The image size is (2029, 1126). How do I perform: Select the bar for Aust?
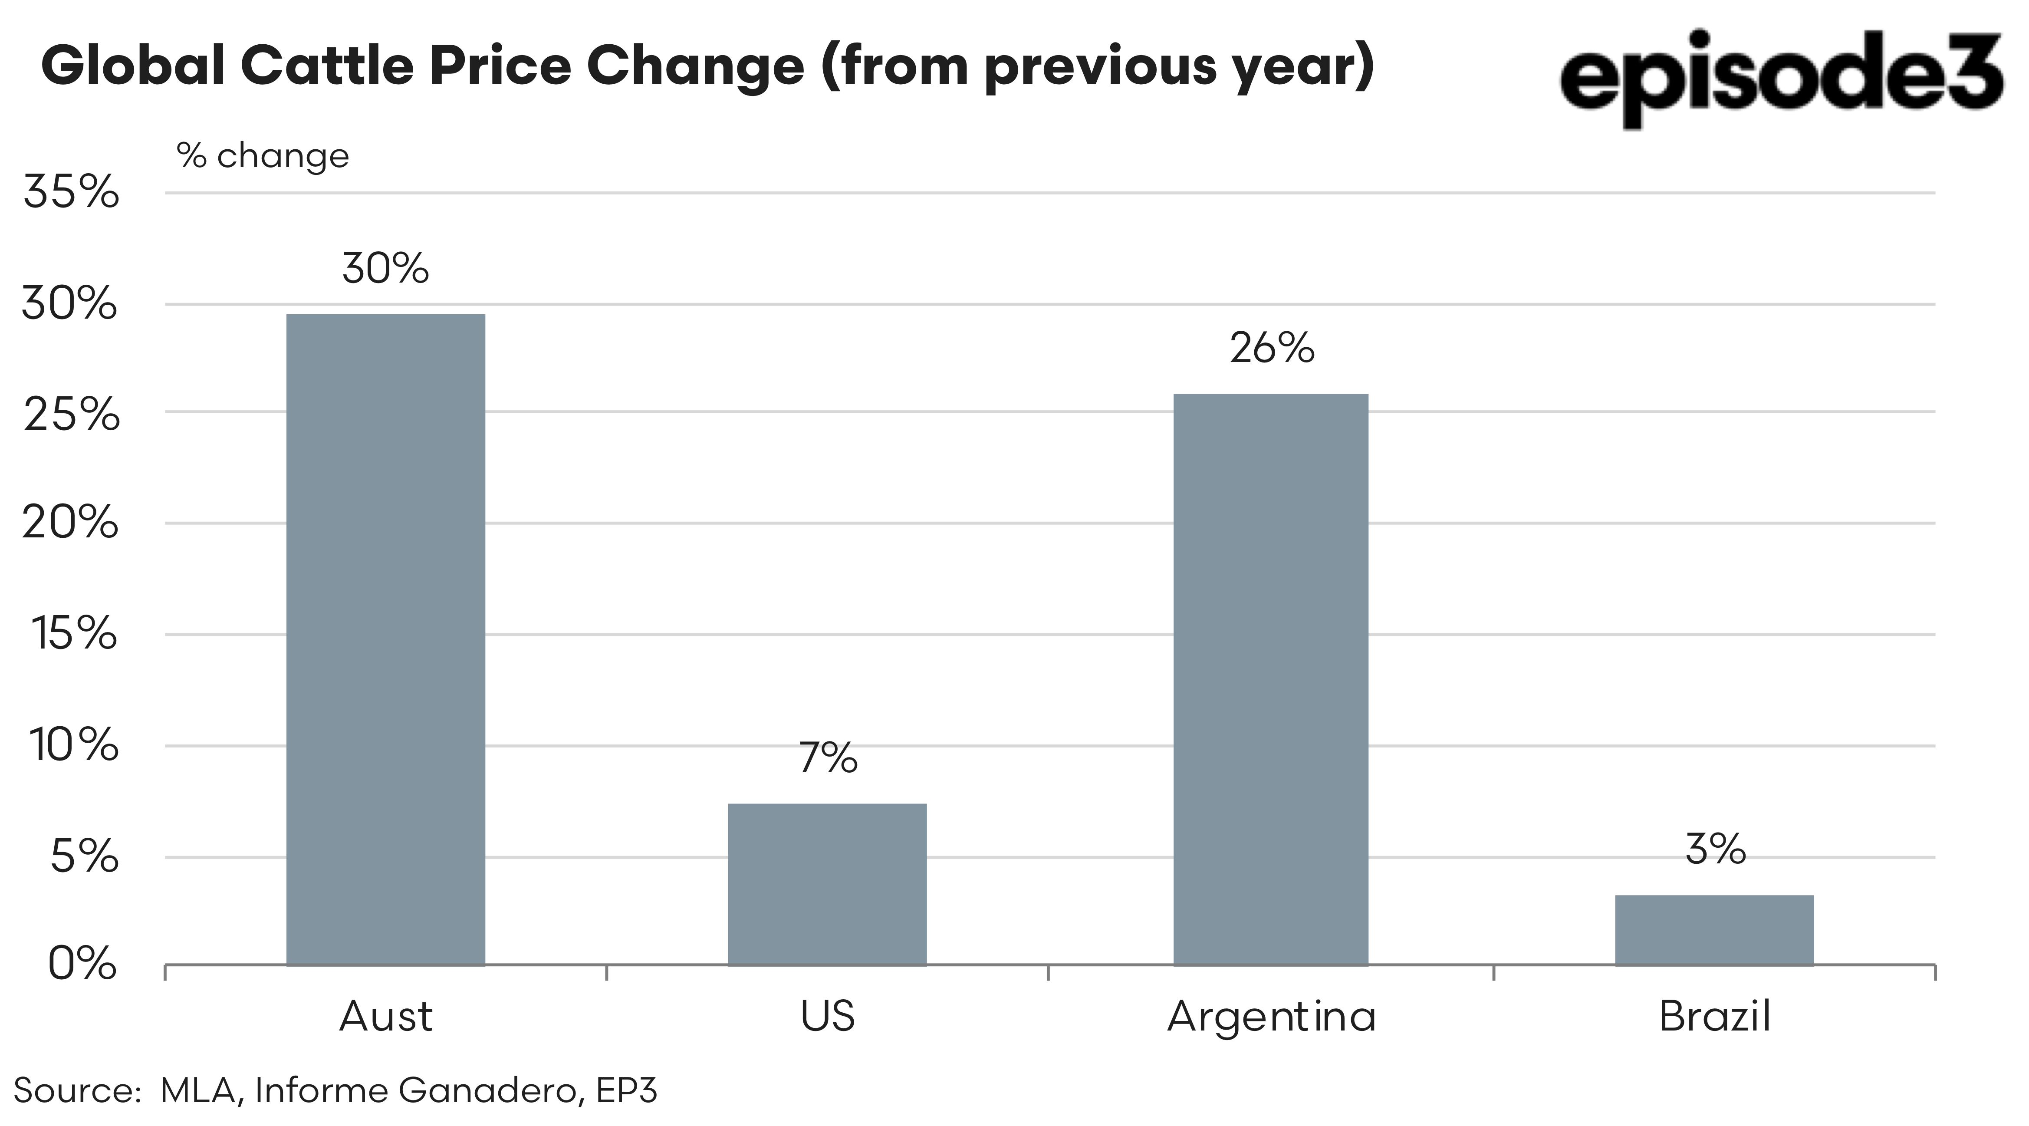point(385,638)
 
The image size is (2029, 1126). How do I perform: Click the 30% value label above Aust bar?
point(385,269)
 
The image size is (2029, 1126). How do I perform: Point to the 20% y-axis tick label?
point(71,523)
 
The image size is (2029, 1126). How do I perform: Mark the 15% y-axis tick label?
point(75,633)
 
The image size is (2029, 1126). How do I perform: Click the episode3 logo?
point(1780,75)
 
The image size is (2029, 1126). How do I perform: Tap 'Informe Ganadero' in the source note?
point(418,1090)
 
